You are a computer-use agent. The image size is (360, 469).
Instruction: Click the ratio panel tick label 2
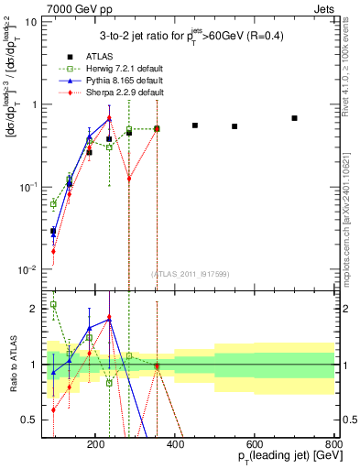pos(36,309)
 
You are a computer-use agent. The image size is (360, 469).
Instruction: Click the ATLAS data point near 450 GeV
pos(195,125)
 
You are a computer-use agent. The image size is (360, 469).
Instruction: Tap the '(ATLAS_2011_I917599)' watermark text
pos(190,272)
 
